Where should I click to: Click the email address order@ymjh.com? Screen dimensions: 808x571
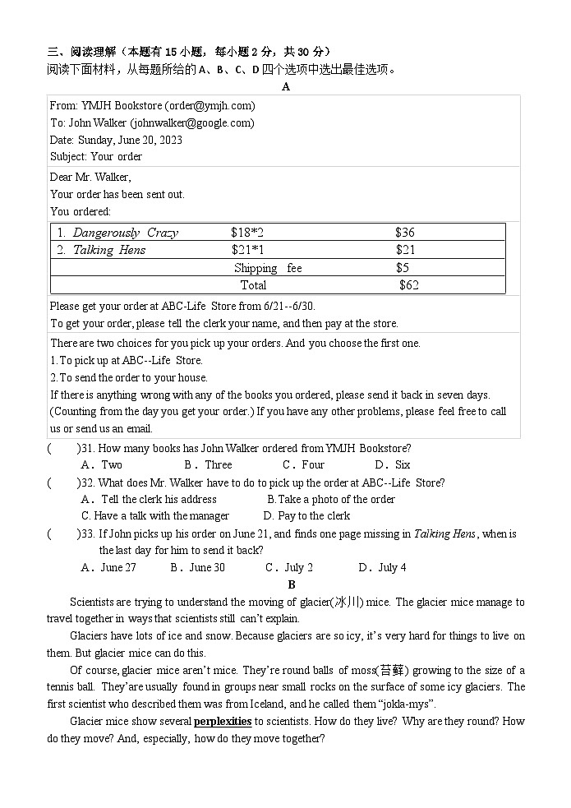point(210,105)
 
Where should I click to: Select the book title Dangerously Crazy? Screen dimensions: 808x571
point(125,233)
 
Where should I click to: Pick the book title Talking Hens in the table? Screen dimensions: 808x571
point(108,250)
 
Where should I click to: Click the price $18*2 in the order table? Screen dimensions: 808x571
point(247,233)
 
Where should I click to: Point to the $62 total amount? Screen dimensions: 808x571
point(408,285)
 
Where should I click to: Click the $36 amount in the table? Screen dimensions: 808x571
point(404,233)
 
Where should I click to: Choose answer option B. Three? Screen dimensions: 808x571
point(208,464)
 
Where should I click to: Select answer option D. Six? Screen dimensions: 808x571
point(393,464)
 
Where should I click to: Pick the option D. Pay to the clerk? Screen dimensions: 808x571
point(306,515)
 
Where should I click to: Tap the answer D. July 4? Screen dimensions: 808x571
point(382,567)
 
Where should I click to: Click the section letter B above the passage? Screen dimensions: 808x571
point(291,584)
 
